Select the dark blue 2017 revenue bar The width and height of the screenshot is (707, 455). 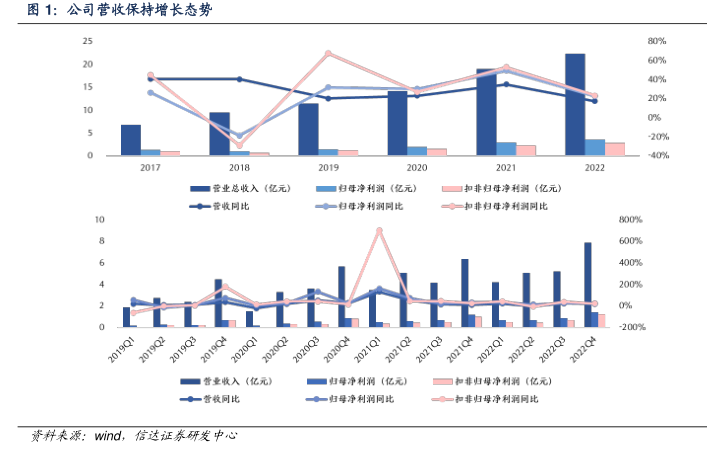[131, 140]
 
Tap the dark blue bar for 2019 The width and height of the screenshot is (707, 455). [308, 130]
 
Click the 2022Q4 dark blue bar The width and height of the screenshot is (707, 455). [588, 285]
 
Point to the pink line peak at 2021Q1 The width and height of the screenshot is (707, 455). [379, 230]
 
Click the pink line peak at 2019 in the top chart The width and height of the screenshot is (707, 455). [329, 54]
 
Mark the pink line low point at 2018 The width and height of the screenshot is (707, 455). [239, 146]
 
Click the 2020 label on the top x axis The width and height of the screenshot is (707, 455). [416, 168]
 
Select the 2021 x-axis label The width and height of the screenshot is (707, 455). [505, 168]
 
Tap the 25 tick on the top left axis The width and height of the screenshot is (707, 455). [88, 41]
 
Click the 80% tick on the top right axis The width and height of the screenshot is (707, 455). [628, 41]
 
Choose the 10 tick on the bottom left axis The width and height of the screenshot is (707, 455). [98, 220]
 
